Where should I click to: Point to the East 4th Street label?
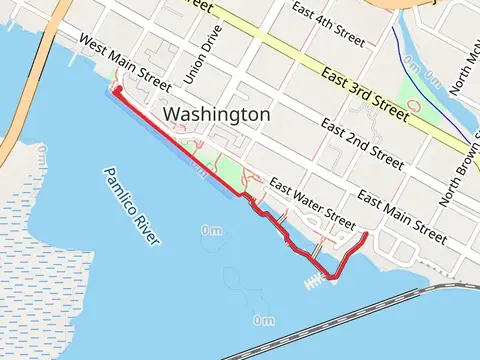327,17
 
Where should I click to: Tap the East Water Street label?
312,204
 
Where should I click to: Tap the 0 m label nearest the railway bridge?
263,320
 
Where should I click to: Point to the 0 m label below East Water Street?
211,230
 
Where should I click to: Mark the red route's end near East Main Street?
365,234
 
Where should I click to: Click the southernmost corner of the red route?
332,278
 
